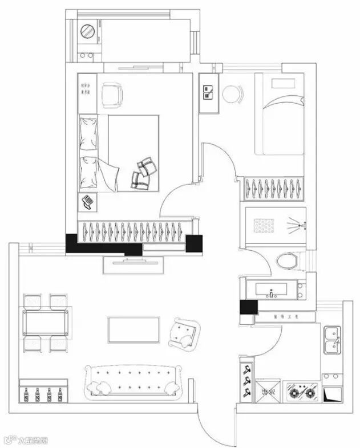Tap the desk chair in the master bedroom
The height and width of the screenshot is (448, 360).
pos(112,95)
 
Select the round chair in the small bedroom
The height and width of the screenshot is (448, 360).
pos(232,94)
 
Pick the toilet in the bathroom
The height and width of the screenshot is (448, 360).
pos(287,261)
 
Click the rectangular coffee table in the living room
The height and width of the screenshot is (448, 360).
pos(134,329)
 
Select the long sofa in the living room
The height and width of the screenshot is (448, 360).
pos(134,380)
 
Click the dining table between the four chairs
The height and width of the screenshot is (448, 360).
pos(46,323)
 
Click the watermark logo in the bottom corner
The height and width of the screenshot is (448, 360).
pos(26,439)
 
